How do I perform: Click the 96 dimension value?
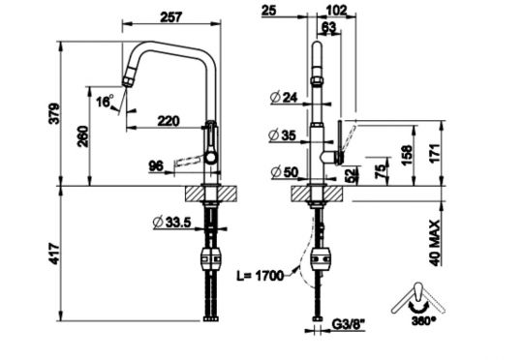pyautogui.click(x=154, y=166)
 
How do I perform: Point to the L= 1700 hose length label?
pyautogui.click(x=260, y=276)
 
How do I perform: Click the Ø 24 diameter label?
pyautogui.click(x=285, y=96)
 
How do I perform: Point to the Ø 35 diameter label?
pyautogui.click(x=285, y=136)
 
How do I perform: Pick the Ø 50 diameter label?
pyautogui.click(x=285, y=172)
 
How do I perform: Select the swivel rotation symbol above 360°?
pyautogui.click(x=414, y=295)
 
